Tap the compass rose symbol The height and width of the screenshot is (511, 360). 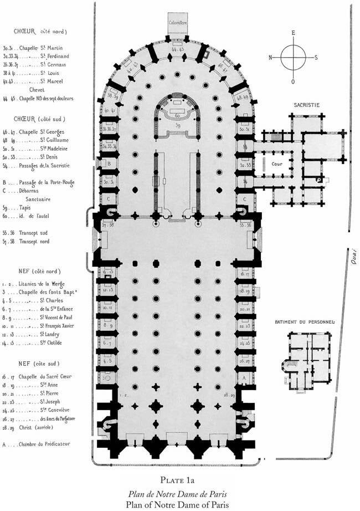[x=294, y=57]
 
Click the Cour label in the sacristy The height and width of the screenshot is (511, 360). [x=277, y=165]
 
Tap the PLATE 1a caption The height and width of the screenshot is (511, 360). [x=180, y=480]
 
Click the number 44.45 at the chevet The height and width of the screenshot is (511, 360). [x=178, y=49]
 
